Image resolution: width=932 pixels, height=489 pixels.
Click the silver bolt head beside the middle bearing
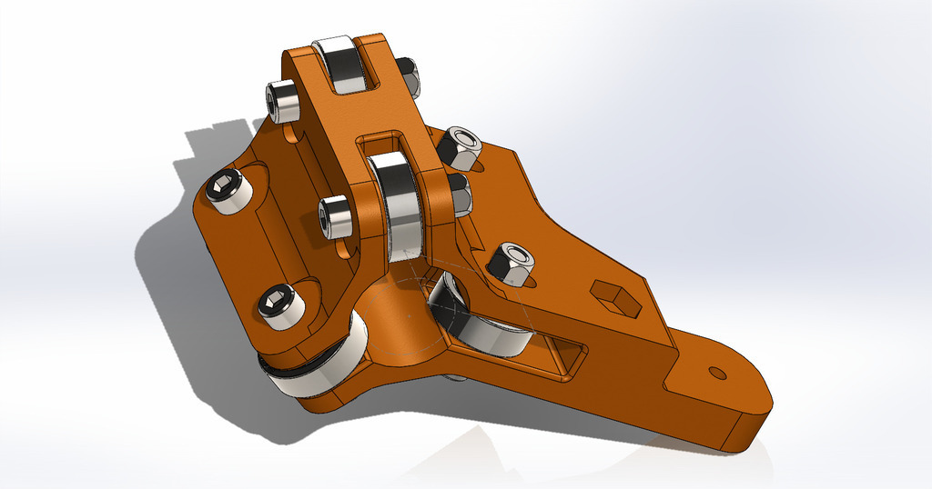[336, 216]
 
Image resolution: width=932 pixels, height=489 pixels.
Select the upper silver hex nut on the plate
[461, 147]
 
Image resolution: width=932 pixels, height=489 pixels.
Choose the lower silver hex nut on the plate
[512, 264]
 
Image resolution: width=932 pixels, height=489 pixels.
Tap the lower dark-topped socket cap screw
[280, 304]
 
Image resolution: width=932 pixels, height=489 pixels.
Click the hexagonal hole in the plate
[615, 297]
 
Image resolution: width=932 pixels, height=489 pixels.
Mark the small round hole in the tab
[717, 373]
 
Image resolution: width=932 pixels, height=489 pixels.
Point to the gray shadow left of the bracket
[173, 273]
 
